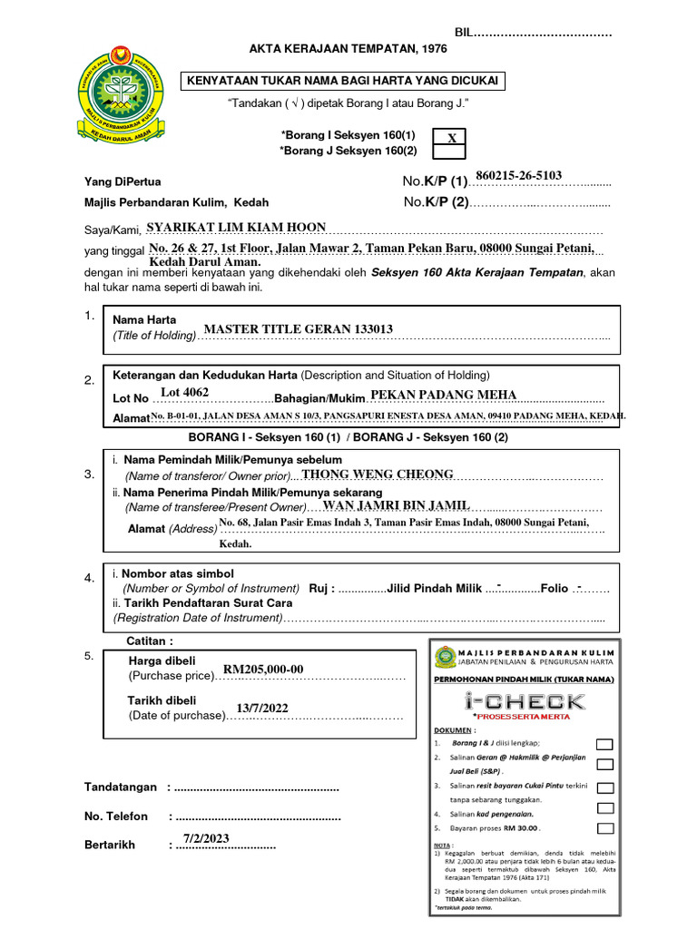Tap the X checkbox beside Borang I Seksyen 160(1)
[451, 137]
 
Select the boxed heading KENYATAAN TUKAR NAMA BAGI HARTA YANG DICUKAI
[343, 82]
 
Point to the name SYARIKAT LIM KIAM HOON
[236, 228]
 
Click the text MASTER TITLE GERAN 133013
[298, 329]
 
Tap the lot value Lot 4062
[184, 392]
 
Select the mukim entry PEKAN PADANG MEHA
[444, 395]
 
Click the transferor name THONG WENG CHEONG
[377, 474]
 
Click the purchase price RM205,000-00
[263, 670]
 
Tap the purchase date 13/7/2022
[262, 709]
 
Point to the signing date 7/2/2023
[207, 837]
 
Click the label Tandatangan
[121, 787]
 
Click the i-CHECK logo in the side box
[524, 700]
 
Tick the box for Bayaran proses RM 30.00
[604, 828]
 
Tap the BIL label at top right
[465, 33]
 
